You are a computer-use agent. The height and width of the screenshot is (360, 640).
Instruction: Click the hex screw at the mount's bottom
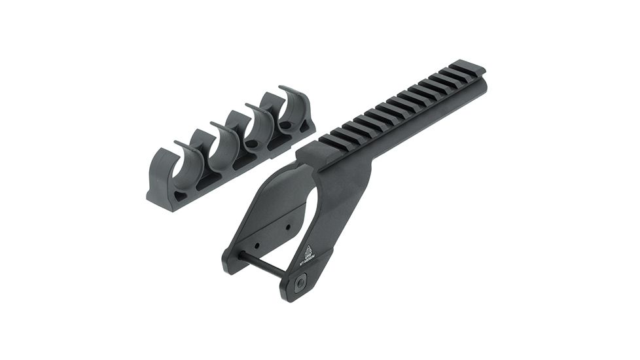[300, 283]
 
